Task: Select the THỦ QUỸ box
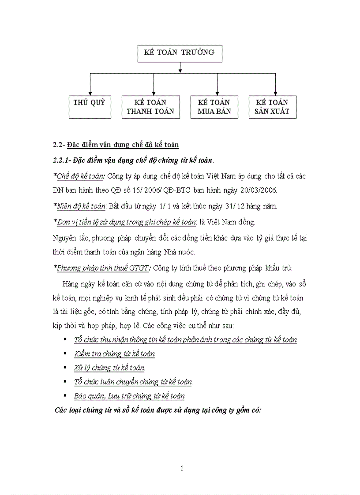tap(90, 107)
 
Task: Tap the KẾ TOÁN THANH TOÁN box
tap(150, 107)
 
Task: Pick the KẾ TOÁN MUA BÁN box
tap(214, 107)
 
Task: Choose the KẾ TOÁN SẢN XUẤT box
tap(272, 107)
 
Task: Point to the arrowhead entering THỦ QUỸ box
tap(90, 93)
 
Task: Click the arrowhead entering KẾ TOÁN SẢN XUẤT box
tap(275, 93)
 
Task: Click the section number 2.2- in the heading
tap(59, 145)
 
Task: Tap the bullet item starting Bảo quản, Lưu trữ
tap(129, 396)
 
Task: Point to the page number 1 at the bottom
tap(182, 469)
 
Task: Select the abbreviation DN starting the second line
tap(58, 190)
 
